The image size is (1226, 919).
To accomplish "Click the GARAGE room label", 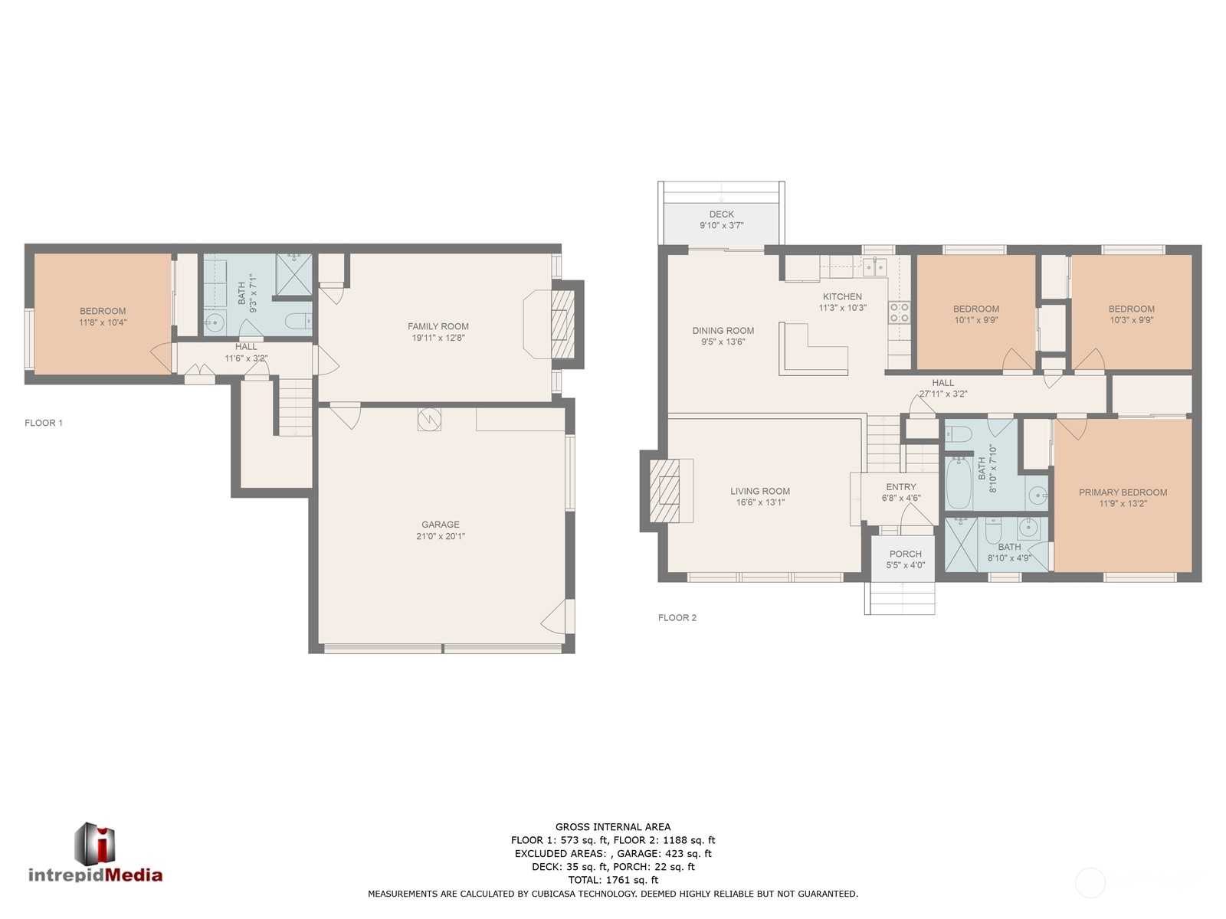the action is pyautogui.click(x=440, y=525).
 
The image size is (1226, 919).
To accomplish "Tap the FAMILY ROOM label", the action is pyautogui.click(x=438, y=326).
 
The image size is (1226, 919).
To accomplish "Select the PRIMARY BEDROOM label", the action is pyautogui.click(x=1123, y=492).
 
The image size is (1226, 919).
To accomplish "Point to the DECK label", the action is pyautogui.click(x=721, y=214).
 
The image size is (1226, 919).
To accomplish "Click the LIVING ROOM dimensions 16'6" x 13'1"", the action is pyautogui.click(x=760, y=502).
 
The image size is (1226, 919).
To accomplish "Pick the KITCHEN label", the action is pyautogui.click(x=842, y=296).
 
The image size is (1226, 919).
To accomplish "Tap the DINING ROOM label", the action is pyautogui.click(x=723, y=330).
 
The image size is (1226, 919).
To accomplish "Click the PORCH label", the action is pyautogui.click(x=906, y=554).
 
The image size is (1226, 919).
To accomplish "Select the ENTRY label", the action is pyautogui.click(x=901, y=486).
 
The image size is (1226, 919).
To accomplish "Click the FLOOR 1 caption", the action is pyautogui.click(x=44, y=423).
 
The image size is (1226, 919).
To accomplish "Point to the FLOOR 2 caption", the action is pyautogui.click(x=677, y=618).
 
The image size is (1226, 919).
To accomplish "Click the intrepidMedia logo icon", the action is pyautogui.click(x=95, y=844).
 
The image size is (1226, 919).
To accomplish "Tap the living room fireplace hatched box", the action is pyautogui.click(x=664, y=491).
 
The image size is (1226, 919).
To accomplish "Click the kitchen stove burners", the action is pyautogui.click(x=900, y=312).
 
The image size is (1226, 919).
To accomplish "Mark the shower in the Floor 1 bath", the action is pyautogui.click(x=294, y=274).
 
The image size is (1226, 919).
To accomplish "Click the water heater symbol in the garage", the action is pyautogui.click(x=429, y=420).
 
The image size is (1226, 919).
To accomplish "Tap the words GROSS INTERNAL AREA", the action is pyautogui.click(x=613, y=827).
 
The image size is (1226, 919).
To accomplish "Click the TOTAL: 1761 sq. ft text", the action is pyautogui.click(x=613, y=880).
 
